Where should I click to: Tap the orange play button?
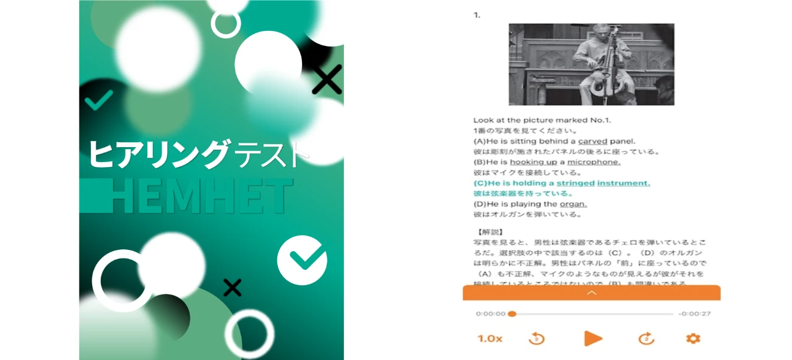[x=593, y=338]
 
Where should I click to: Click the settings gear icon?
[x=693, y=338]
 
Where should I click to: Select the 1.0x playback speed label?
[x=489, y=338]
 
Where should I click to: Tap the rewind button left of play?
[x=536, y=338]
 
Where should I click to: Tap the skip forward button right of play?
[x=646, y=338]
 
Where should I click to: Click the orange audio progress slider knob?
[x=512, y=314]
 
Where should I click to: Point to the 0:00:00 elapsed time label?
[x=491, y=314]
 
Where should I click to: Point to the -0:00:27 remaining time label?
[x=694, y=314]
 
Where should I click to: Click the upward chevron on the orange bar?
[x=591, y=293]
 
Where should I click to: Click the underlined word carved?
[x=593, y=141]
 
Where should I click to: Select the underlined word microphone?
[x=593, y=162]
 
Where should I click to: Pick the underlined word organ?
[x=573, y=204]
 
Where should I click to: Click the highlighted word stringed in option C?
[x=575, y=183]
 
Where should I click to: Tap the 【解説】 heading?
[x=487, y=232]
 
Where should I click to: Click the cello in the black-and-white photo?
[x=603, y=68]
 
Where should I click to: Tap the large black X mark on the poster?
[x=327, y=79]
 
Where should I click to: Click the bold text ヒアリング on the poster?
[x=158, y=154]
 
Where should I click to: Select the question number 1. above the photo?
[x=477, y=15]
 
